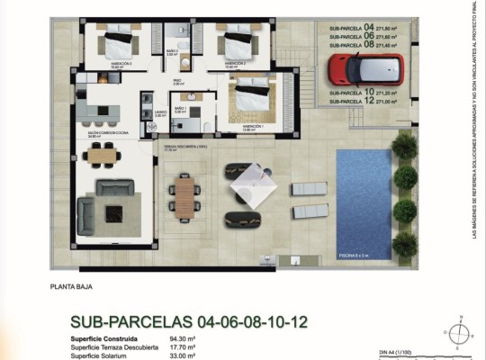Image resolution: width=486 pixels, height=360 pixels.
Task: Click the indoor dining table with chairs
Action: (105, 156)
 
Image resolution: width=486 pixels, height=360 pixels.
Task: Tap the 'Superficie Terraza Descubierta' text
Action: (114, 347)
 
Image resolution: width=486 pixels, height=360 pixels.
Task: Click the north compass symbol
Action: (459, 334)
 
